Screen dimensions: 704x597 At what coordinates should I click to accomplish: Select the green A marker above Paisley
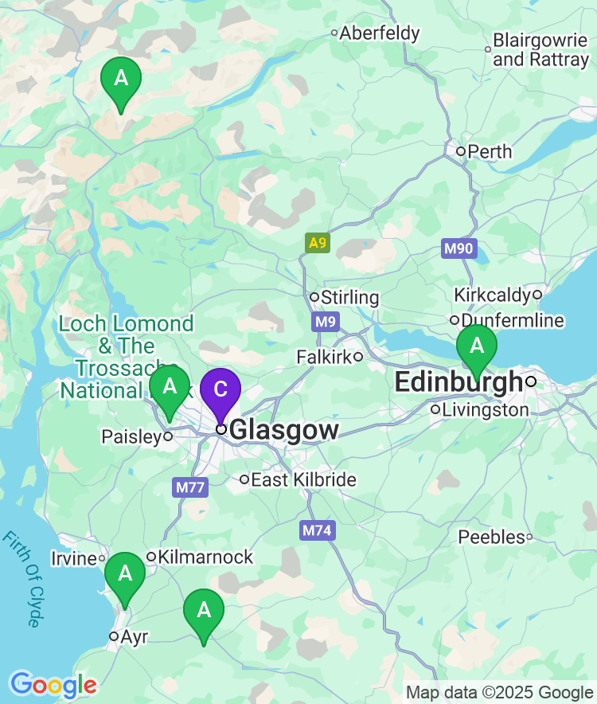170,388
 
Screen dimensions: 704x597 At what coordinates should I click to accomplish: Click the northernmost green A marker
121,80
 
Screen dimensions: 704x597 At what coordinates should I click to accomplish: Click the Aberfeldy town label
380,33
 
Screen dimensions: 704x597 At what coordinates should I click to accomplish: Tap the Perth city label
489,151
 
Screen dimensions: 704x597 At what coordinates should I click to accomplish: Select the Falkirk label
323,357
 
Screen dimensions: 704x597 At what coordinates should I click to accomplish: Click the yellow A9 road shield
317,243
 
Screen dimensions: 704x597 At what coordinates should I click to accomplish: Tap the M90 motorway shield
458,248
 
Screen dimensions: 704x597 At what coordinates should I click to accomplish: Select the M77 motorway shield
189,487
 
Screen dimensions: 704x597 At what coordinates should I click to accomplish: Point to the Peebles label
491,538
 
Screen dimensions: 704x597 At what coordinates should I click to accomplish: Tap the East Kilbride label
303,479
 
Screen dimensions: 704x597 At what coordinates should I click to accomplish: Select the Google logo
53,684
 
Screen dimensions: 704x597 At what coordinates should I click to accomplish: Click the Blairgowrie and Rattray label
540,49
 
